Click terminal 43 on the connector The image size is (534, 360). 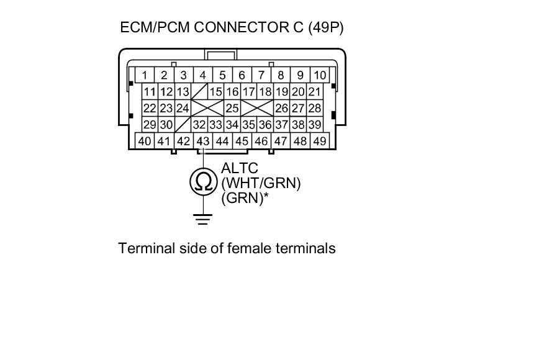point(202,142)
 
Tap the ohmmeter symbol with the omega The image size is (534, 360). point(202,182)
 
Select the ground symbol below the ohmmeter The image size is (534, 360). point(202,218)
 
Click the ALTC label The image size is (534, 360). point(239,169)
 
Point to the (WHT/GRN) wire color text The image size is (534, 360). point(261,184)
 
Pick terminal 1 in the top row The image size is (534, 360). point(145,76)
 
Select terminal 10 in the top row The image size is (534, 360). point(319,76)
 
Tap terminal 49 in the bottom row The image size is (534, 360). point(319,142)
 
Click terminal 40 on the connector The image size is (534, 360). point(145,142)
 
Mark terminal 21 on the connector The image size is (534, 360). point(315,92)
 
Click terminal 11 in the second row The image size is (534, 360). point(150,92)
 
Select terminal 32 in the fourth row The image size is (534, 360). point(199,125)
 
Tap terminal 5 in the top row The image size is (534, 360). point(222,76)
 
